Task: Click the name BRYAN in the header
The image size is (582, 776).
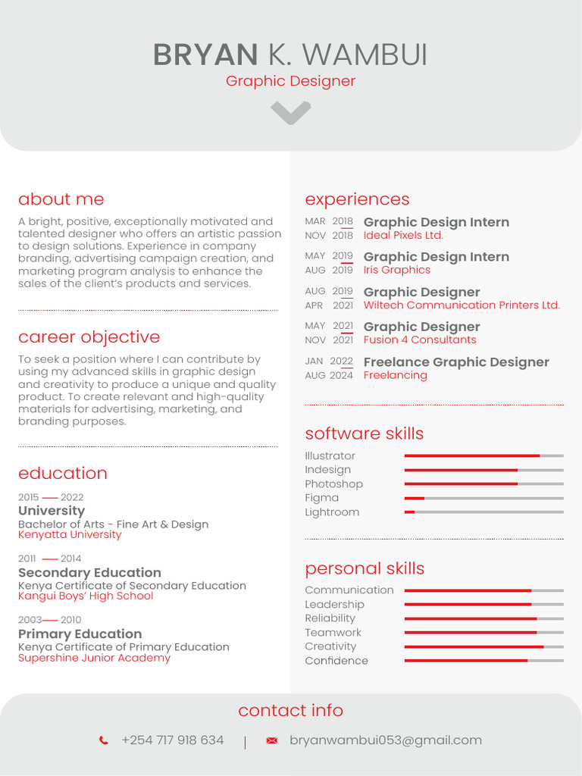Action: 205,55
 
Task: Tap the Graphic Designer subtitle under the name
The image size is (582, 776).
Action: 290,81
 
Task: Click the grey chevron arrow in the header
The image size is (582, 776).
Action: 291,113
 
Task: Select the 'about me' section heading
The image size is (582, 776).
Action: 61,199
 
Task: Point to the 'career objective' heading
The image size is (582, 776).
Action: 89,337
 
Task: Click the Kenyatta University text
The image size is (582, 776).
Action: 70,535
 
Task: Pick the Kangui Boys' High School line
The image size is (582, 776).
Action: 86,596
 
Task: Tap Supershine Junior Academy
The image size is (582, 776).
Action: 94,659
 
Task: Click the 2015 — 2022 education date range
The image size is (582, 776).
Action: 51,497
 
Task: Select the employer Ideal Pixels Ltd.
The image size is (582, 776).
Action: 403,236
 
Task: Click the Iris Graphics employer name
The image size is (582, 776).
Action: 396,271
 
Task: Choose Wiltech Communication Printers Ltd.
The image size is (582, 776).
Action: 462,305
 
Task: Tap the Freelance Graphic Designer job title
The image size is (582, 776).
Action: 456,362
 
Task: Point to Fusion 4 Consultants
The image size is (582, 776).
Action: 420,340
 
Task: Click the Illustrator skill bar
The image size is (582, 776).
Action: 483,455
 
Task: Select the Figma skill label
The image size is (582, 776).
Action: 321,498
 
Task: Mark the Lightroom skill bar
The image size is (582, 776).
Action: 483,512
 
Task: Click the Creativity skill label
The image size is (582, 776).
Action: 330,646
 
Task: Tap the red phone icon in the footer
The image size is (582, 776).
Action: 104,740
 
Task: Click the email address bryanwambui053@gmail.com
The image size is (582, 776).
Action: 386,740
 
